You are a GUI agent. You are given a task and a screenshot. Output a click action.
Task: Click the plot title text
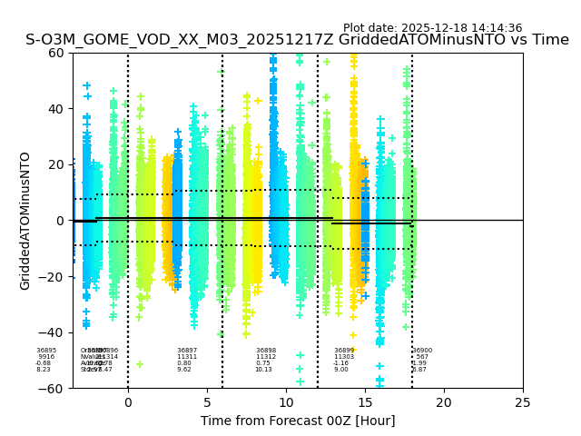click(297, 40)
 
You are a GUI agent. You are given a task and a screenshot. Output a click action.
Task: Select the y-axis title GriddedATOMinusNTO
click(25, 221)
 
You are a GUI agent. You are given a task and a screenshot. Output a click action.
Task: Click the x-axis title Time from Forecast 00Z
click(298, 421)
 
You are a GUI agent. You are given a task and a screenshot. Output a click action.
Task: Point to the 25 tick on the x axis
click(523, 402)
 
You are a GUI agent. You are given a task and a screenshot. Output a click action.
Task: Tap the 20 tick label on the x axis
click(444, 402)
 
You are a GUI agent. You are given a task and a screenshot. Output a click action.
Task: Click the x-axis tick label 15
click(365, 402)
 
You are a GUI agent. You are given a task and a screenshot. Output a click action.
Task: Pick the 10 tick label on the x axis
click(286, 402)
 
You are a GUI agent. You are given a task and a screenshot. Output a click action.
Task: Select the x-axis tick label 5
click(207, 402)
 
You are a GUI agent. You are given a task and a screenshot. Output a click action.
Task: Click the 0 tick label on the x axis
click(128, 402)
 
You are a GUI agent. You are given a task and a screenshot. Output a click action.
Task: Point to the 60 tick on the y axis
click(55, 53)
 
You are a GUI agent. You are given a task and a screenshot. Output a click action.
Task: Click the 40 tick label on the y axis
click(55, 109)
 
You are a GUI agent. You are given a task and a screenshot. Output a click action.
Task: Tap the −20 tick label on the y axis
click(52, 277)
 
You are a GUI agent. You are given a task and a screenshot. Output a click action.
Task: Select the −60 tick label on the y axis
click(52, 389)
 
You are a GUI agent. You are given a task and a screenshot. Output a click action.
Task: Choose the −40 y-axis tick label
click(52, 332)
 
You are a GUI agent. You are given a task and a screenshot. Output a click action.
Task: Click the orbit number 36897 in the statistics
click(187, 351)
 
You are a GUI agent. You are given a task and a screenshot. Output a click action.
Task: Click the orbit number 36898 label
click(266, 351)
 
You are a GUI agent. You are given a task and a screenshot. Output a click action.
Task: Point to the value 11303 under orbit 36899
click(344, 357)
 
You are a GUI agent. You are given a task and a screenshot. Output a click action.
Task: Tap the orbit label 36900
click(422, 351)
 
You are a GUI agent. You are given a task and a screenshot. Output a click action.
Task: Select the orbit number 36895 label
click(46, 351)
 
